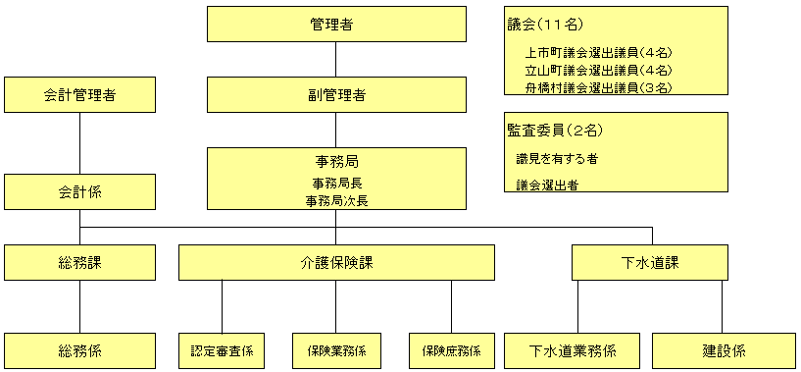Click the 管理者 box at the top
[336, 25]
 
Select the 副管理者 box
[336, 95]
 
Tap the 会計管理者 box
[79, 95]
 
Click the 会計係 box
[79, 191]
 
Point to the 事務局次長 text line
[336, 199]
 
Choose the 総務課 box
[79, 262]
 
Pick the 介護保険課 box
[336, 262]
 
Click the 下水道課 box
[650, 262]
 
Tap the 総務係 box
[79, 350]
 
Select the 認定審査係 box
[222, 350]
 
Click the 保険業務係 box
[336, 350]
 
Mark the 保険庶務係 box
[451, 350]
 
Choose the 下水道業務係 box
[573, 350]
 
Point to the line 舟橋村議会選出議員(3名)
[598, 86]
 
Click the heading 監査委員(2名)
[554, 130]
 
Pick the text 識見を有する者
[557, 157]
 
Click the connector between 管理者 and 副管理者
[336, 60]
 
